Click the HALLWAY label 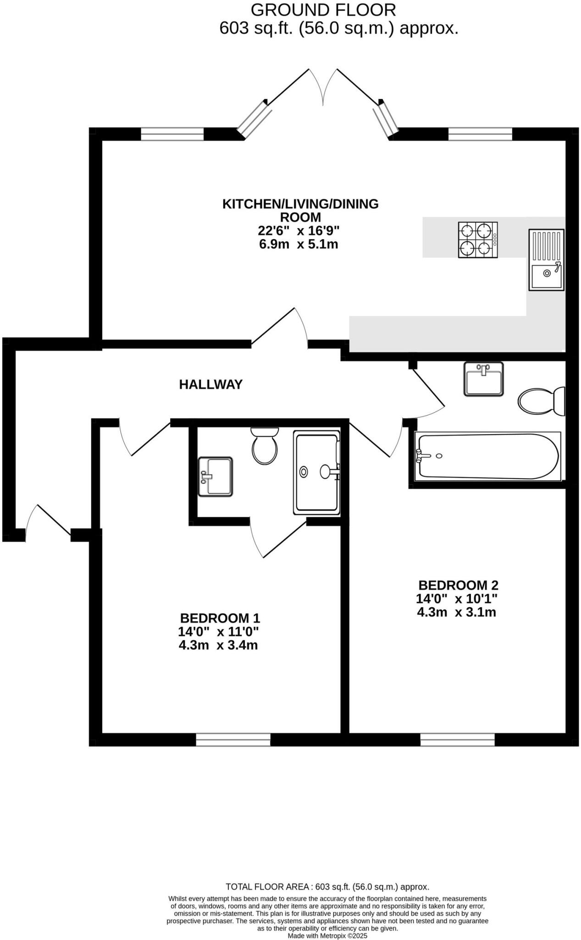tap(210, 385)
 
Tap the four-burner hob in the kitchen tap(477, 240)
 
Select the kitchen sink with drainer tap(546, 260)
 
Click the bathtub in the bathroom tap(487, 456)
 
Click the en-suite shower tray tap(317, 473)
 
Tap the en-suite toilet tap(265, 445)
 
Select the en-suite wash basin tap(215, 476)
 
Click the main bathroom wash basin tap(483, 379)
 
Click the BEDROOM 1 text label tap(220, 618)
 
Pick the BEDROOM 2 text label tap(458, 585)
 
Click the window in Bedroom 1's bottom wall tap(233, 739)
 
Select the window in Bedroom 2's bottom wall tap(457, 739)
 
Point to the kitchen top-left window tap(172, 134)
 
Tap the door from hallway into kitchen tap(280, 327)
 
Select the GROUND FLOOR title tap(323, 10)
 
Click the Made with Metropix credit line tap(327, 935)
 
